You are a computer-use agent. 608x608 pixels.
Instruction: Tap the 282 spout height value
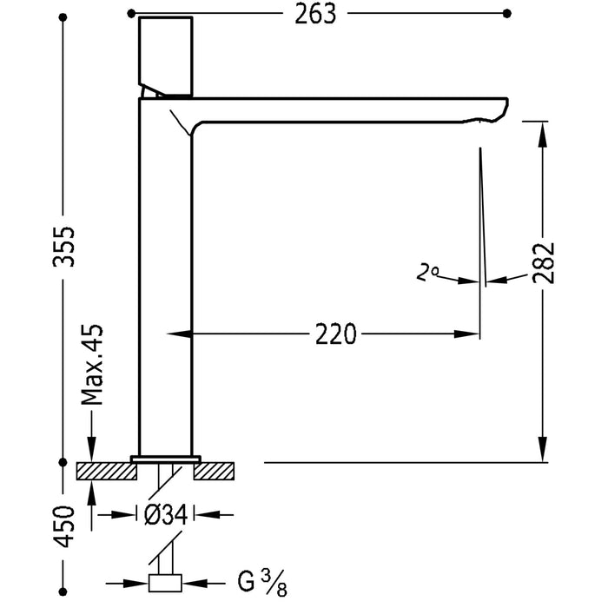(x=543, y=261)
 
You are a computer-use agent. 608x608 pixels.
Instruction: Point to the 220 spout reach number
(x=336, y=334)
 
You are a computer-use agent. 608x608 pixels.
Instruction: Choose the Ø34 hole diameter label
(x=165, y=514)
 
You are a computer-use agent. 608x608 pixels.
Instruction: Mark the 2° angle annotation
(x=426, y=274)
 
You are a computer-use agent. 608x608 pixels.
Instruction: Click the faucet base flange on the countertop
(x=166, y=458)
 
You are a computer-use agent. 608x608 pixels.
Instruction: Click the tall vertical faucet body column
(x=164, y=278)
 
